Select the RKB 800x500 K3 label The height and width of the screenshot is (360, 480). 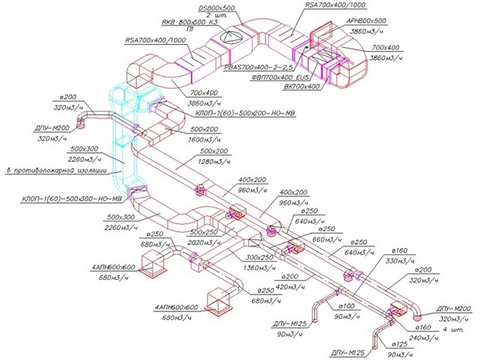[x=190, y=23]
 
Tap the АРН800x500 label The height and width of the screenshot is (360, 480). [x=367, y=20]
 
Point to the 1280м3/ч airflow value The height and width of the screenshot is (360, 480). [x=218, y=162]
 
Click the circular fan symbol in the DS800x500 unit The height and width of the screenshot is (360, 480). [x=227, y=38]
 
